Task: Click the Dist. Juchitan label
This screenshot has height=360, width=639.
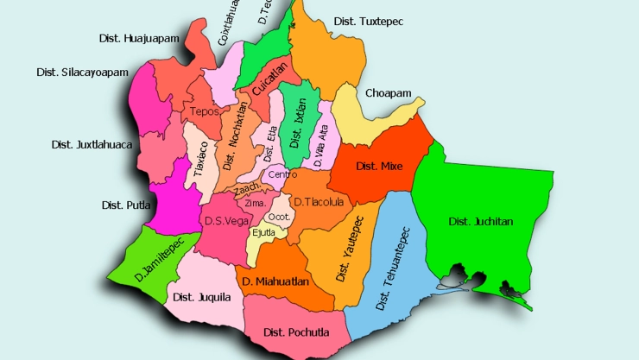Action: (481, 222)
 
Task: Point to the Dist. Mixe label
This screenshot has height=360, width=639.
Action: (379, 166)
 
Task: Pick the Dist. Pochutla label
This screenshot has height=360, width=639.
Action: (293, 332)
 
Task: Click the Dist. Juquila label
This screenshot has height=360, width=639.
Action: (201, 297)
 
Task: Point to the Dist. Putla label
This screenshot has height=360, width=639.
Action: (127, 205)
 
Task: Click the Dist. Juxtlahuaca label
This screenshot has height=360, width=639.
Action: (92, 144)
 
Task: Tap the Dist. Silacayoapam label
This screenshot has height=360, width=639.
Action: (80, 72)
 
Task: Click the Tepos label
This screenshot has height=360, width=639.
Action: (205, 111)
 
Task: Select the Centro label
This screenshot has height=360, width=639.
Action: (282, 174)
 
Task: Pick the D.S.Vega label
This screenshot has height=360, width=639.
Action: (221, 220)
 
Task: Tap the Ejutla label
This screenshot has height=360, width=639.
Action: (263, 231)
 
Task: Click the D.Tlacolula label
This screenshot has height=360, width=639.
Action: (319, 202)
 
